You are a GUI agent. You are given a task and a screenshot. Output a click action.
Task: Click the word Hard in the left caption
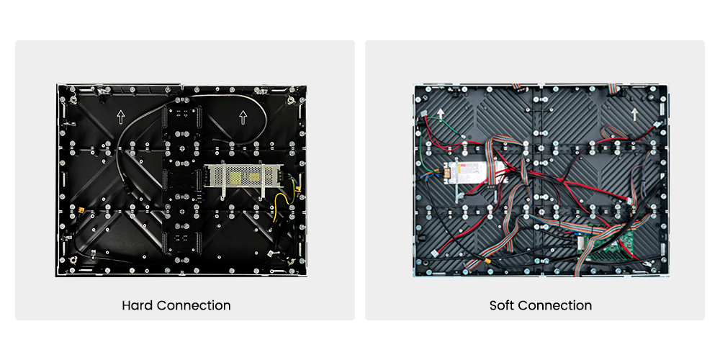[x=138, y=305]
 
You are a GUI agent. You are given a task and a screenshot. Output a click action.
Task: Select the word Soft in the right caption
[x=502, y=305]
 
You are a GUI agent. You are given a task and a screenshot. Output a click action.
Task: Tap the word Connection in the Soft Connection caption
[x=554, y=305]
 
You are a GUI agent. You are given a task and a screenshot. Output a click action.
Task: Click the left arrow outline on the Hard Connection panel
[x=121, y=117]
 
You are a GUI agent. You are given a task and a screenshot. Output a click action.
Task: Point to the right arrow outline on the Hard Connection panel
[x=243, y=117]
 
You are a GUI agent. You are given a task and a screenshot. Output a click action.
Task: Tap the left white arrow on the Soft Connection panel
[x=441, y=114]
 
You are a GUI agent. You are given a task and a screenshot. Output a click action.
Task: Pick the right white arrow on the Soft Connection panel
[x=634, y=114]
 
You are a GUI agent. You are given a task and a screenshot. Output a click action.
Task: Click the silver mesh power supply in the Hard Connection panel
[x=243, y=176]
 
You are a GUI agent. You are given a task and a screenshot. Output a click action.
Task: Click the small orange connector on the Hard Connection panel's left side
[x=82, y=211]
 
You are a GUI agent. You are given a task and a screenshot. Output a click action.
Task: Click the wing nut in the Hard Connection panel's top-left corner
[x=73, y=98]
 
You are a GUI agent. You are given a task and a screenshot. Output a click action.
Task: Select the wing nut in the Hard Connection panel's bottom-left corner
[x=73, y=261]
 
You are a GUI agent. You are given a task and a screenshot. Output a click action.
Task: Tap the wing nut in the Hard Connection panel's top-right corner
[x=291, y=100]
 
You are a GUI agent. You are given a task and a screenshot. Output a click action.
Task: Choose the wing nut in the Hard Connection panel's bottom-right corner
[x=291, y=261]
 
